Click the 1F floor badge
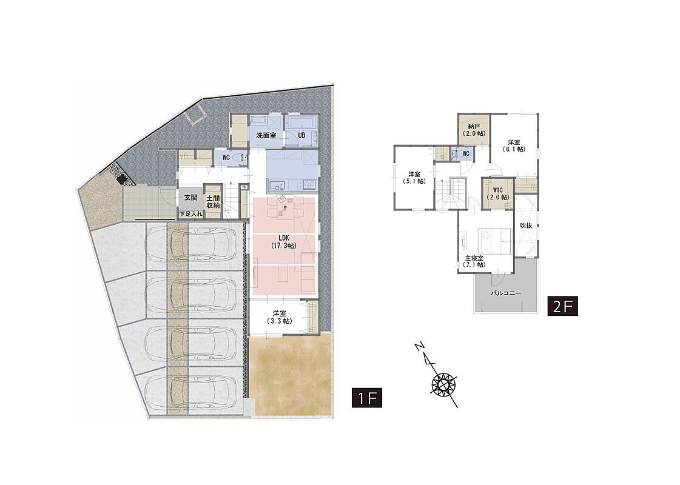[367, 398]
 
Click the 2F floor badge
[562, 306]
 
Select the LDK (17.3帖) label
[284, 242]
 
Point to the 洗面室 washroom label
[266, 135]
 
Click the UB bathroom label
[301, 135]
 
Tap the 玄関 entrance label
[191, 198]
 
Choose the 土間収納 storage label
[213, 201]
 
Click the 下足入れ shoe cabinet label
[191, 213]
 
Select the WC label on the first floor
[226, 158]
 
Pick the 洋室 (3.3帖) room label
[279, 317]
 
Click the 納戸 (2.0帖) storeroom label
[474, 130]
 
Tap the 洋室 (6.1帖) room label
[514, 145]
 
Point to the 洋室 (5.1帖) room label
[414, 178]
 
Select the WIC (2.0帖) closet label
[498, 193]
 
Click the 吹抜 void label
[526, 226]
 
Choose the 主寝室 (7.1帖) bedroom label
[474, 261]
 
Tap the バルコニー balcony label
[506, 293]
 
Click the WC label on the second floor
[466, 154]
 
